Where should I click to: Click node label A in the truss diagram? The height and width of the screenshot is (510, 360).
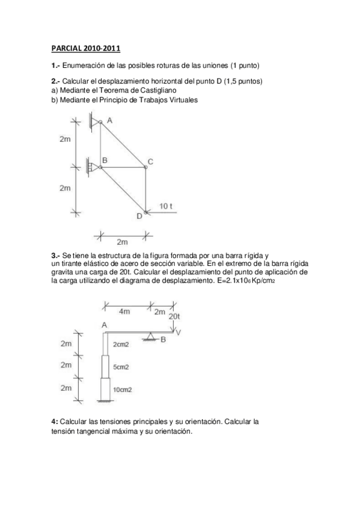[109, 120]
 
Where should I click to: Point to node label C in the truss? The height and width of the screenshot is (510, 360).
[150, 161]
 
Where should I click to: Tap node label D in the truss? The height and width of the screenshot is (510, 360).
[139, 216]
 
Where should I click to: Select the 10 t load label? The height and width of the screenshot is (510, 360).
[166, 206]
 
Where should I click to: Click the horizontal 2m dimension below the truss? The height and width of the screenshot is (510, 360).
[122, 242]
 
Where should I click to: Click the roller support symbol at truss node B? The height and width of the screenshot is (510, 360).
[93, 167]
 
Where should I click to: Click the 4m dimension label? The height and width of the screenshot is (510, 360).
[124, 312]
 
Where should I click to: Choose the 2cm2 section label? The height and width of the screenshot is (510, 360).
[121, 345]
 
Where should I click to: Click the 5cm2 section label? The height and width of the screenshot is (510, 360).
[122, 366]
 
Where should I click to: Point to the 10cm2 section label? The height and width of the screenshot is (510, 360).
[123, 389]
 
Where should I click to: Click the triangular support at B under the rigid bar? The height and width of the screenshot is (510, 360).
[150, 337]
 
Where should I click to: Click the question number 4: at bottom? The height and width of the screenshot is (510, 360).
[55, 422]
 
